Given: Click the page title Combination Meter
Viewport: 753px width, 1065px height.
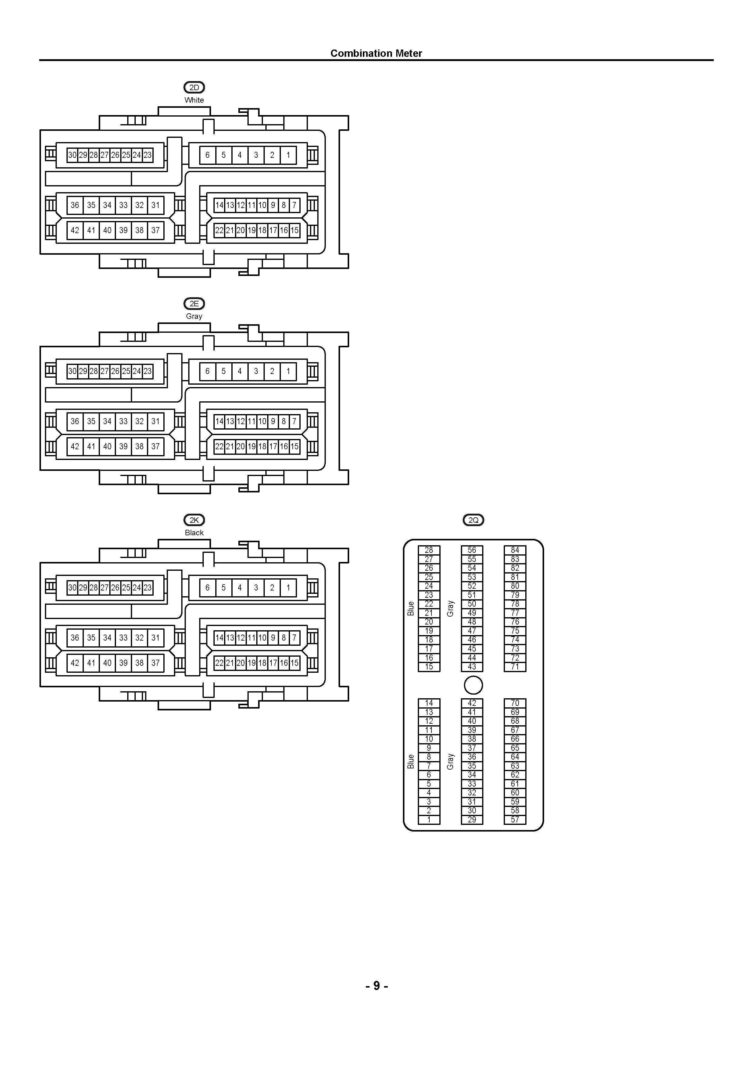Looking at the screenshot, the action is coord(376,53).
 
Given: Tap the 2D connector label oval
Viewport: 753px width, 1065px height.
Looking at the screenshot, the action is coord(194,87).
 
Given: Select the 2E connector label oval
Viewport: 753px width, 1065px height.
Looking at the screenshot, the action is coord(194,304).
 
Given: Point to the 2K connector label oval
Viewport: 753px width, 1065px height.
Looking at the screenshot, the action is coord(194,520).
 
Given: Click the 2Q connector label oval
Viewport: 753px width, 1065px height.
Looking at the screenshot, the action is coord(473,520).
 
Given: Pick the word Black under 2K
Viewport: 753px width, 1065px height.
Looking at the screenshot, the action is coord(194,532).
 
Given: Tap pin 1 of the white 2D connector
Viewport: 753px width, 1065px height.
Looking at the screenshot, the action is coord(288,155).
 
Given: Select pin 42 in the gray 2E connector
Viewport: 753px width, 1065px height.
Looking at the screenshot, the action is coord(75,447).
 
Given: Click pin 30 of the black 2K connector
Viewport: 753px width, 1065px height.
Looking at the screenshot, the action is coord(72,588).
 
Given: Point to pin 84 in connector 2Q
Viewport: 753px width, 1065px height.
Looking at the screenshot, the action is coord(515,550).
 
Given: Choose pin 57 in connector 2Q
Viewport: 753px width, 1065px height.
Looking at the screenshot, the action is coord(515,820).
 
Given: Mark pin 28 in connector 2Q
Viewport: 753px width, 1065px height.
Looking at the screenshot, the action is coord(429,550).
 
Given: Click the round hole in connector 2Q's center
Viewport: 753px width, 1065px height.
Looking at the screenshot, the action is coord(473,685).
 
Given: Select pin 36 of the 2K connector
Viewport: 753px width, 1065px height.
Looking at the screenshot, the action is coord(75,638).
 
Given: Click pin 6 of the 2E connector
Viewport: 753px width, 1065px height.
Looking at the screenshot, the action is coord(207,371).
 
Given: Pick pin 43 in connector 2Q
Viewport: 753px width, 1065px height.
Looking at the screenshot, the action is coord(472,667).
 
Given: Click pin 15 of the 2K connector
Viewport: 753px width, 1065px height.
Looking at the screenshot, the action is coord(295,663).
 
